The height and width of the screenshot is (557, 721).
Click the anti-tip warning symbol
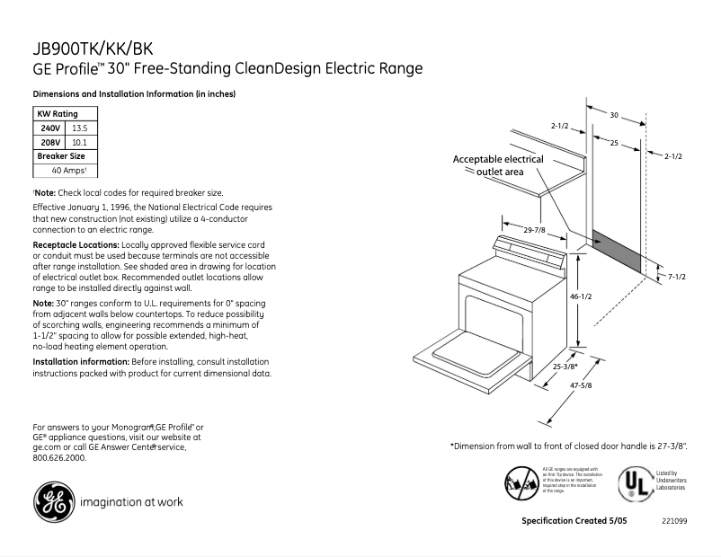click(x=521, y=482)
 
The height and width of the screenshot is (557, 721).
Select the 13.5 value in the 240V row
click(x=80, y=128)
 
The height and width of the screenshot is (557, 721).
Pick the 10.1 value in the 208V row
click(x=78, y=142)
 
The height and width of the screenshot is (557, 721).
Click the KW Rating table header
click(x=57, y=114)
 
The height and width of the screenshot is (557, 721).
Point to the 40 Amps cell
click(x=66, y=170)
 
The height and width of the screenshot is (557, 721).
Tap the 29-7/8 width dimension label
click(x=534, y=231)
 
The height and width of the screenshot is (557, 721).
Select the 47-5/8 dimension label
click(x=581, y=385)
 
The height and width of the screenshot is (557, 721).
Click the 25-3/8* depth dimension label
click(x=564, y=367)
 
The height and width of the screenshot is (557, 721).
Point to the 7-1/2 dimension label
click(x=676, y=277)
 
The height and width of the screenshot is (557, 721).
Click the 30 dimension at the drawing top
click(x=614, y=115)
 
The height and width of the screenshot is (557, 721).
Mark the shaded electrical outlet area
click(x=617, y=252)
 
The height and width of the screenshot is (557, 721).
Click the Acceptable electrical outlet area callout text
click(x=497, y=165)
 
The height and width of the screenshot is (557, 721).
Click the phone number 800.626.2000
click(x=59, y=457)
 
